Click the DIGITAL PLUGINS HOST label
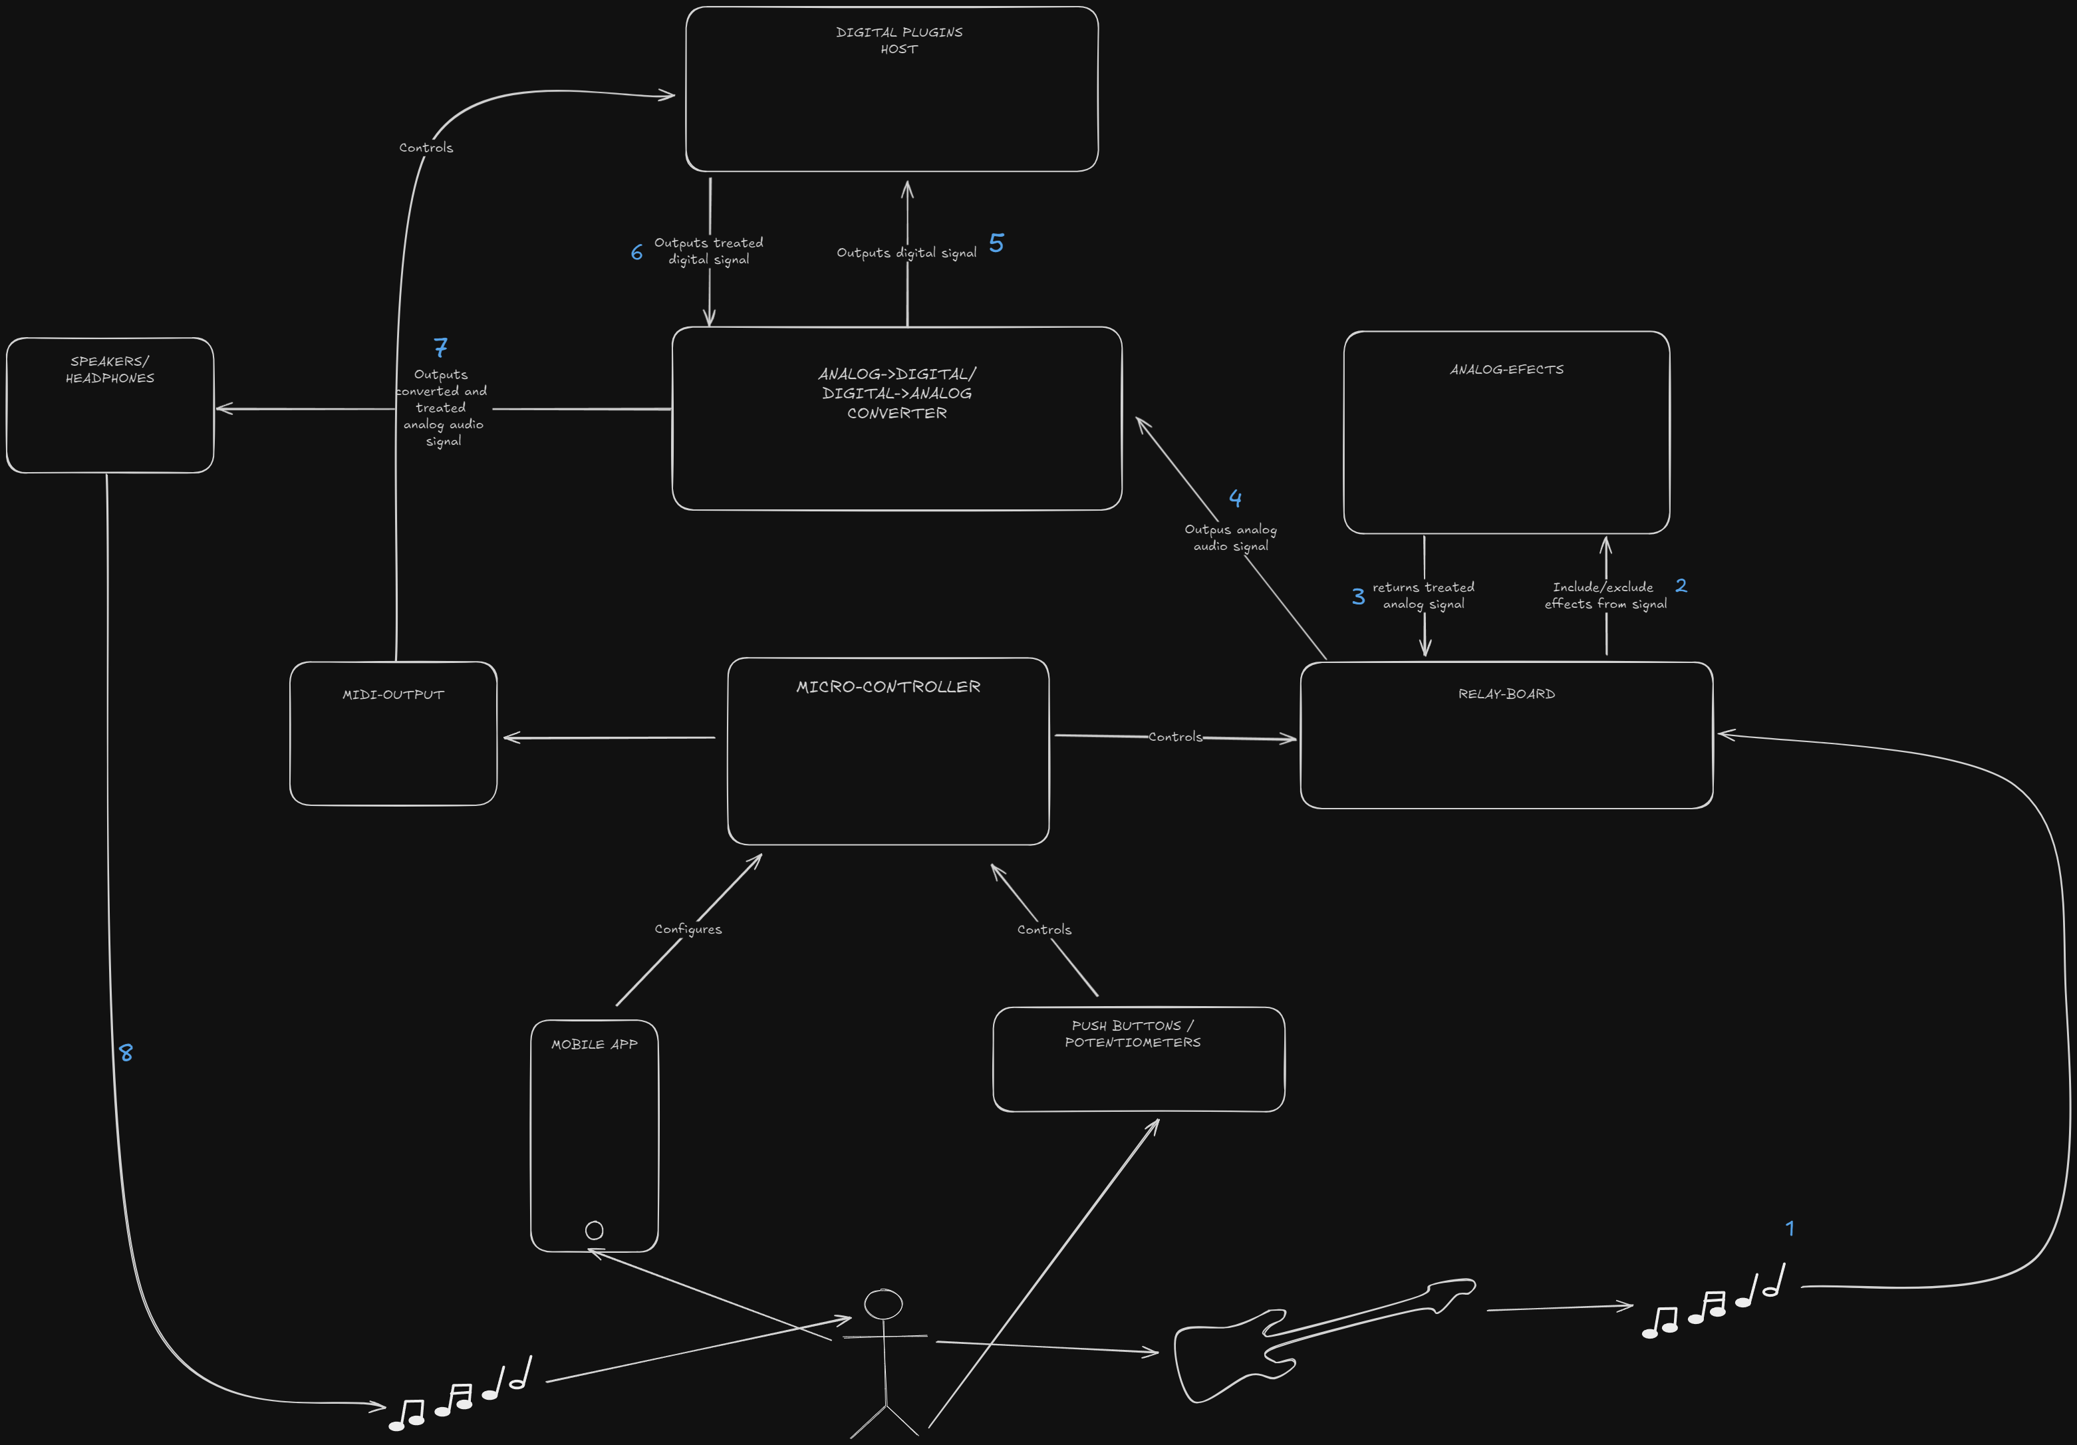click(899, 41)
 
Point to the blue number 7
click(440, 347)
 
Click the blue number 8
click(126, 1053)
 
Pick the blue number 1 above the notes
click(1789, 1229)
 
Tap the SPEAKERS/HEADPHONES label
click(110, 370)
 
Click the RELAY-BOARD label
click(1506, 694)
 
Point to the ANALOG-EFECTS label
click(1506, 370)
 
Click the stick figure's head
click(883, 1304)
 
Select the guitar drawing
click(1312, 1339)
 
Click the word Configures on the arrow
click(688, 930)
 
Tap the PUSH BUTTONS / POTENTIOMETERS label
click(1133, 1033)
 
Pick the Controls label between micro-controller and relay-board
click(1175, 737)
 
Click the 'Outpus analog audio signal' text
click(1230, 537)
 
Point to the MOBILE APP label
click(595, 1045)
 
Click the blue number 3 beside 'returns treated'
click(1358, 596)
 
